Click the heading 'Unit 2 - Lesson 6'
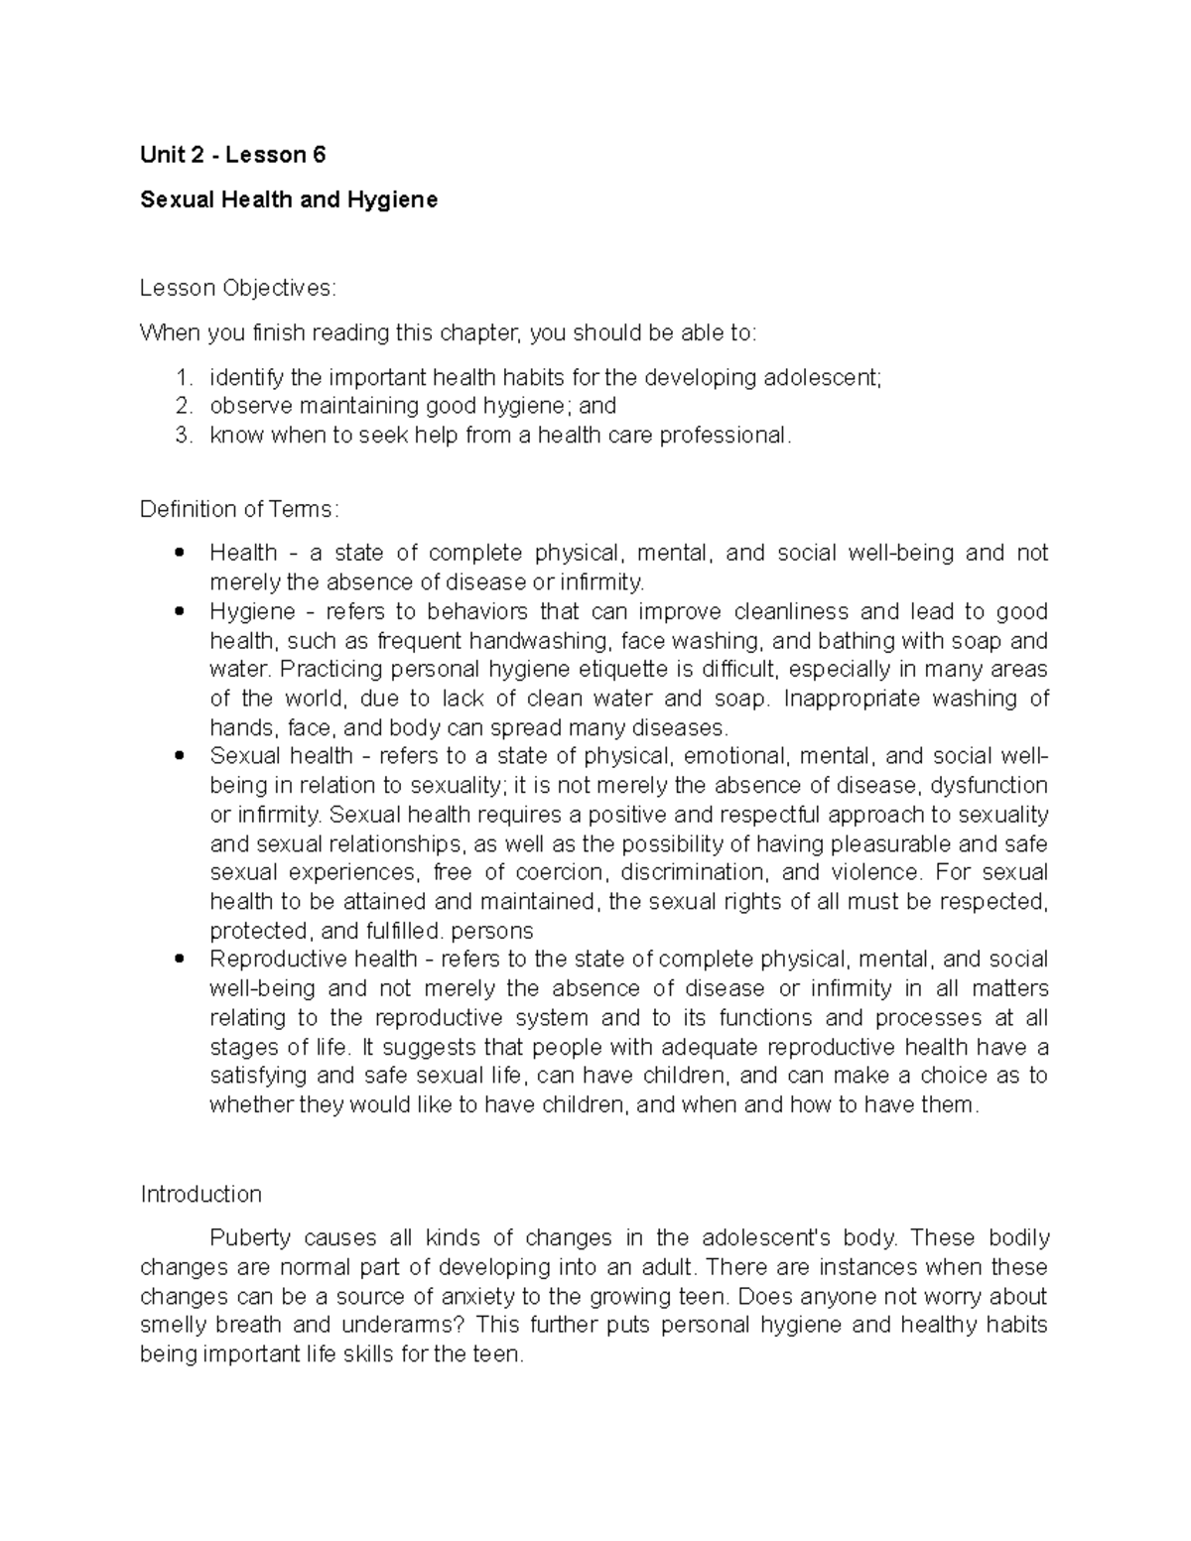(x=232, y=155)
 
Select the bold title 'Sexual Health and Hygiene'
(x=289, y=199)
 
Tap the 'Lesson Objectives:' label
(x=238, y=289)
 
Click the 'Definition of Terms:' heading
(x=239, y=509)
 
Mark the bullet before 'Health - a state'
(x=180, y=553)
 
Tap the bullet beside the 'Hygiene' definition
(x=180, y=611)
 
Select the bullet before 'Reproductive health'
(x=180, y=960)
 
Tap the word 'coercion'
(x=564, y=873)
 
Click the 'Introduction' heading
(x=200, y=1194)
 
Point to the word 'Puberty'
(x=250, y=1238)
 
